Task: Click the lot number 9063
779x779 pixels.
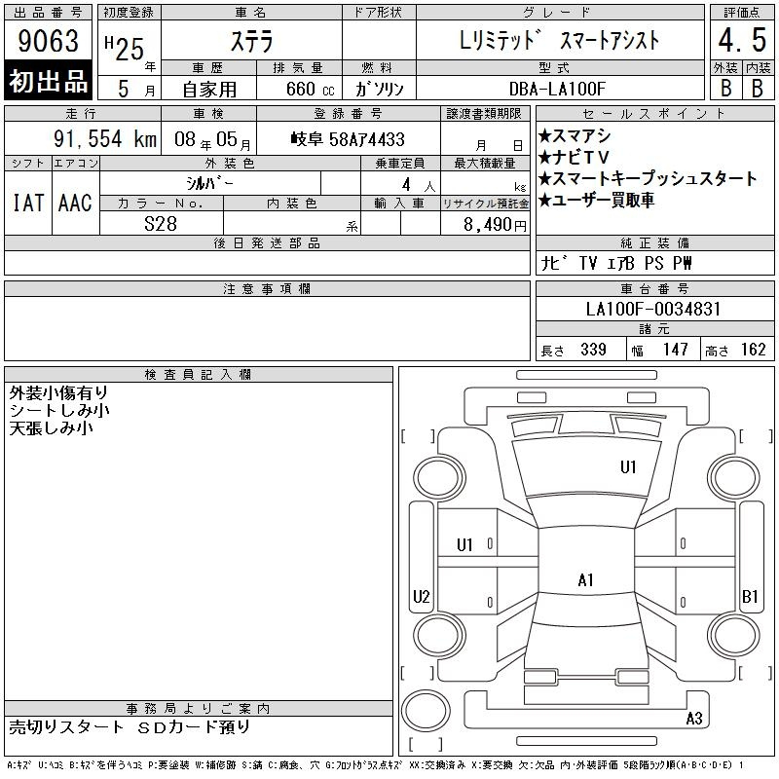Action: (48, 40)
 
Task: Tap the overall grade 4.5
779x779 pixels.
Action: (742, 40)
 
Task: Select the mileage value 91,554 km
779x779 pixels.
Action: (105, 139)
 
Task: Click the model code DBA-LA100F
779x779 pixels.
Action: (557, 89)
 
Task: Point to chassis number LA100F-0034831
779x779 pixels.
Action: (653, 309)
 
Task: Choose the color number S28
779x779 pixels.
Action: (161, 224)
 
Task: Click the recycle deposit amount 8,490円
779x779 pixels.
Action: (495, 225)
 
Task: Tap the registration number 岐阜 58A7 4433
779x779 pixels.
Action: (348, 139)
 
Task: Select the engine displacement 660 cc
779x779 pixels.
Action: (310, 90)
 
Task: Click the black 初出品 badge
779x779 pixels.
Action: (48, 81)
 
